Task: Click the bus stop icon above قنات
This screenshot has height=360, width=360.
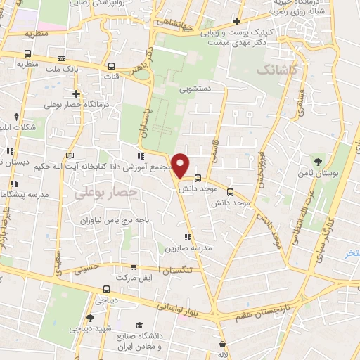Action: pyautogui.click(x=111, y=67)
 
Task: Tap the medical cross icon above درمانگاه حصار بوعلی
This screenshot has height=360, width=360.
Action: pyautogui.click(x=76, y=94)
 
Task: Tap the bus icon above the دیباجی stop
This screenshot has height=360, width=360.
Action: pyautogui.click(x=105, y=288)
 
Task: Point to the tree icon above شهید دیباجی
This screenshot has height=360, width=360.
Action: pyautogui.click(x=89, y=318)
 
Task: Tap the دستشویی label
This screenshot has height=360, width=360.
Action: pyautogui.click(x=195, y=90)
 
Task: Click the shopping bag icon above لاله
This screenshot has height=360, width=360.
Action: pyautogui.click(x=222, y=345)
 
